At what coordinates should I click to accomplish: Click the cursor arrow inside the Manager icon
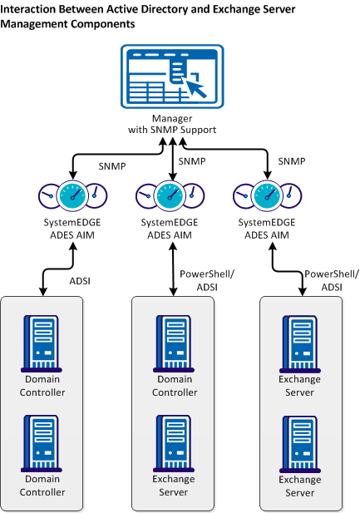195,86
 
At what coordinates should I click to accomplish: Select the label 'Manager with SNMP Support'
172,124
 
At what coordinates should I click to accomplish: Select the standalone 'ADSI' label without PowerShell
79,282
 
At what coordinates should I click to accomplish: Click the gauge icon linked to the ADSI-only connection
73,196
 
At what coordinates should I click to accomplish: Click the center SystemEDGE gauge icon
171,196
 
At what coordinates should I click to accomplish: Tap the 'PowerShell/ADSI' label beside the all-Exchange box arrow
323,280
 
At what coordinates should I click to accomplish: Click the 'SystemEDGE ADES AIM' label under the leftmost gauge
73,229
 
